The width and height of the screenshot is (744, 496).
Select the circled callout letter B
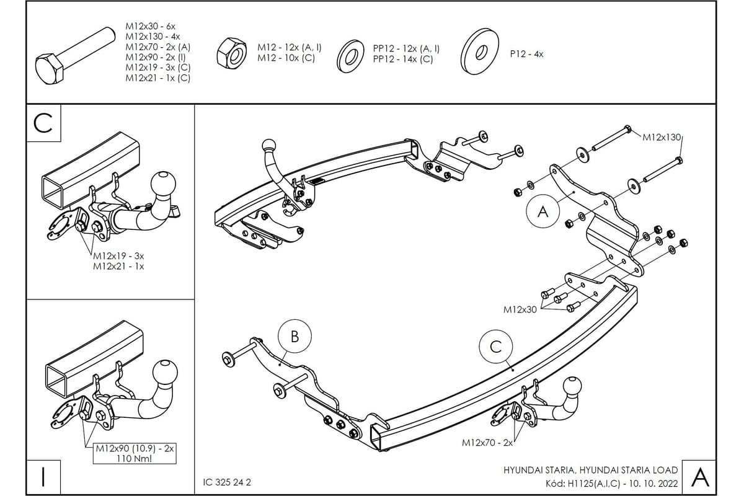pyautogui.click(x=294, y=337)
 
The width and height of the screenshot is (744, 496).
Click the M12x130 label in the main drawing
pyautogui.click(x=663, y=136)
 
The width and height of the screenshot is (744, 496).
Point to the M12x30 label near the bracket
pyautogui.click(x=520, y=309)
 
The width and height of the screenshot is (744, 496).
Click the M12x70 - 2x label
pyautogui.click(x=487, y=443)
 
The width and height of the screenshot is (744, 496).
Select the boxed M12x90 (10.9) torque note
pyautogui.click(x=135, y=454)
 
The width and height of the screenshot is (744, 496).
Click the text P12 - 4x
pyautogui.click(x=526, y=54)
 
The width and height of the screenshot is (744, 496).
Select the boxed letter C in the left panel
pyautogui.click(x=43, y=123)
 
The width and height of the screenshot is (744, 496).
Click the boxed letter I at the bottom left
pyautogui.click(x=43, y=477)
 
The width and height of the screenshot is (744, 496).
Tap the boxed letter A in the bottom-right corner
pyautogui.click(x=699, y=477)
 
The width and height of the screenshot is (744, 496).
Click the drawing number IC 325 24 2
pyautogui.click(x=227, y=482)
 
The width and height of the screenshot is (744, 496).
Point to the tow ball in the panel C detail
pyautogui.click(x=163, y=184)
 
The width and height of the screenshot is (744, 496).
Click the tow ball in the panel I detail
pyautogui.click(x=164, y=371)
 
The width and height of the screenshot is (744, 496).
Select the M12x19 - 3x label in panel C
pyautogui.click(x=118, y=255)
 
